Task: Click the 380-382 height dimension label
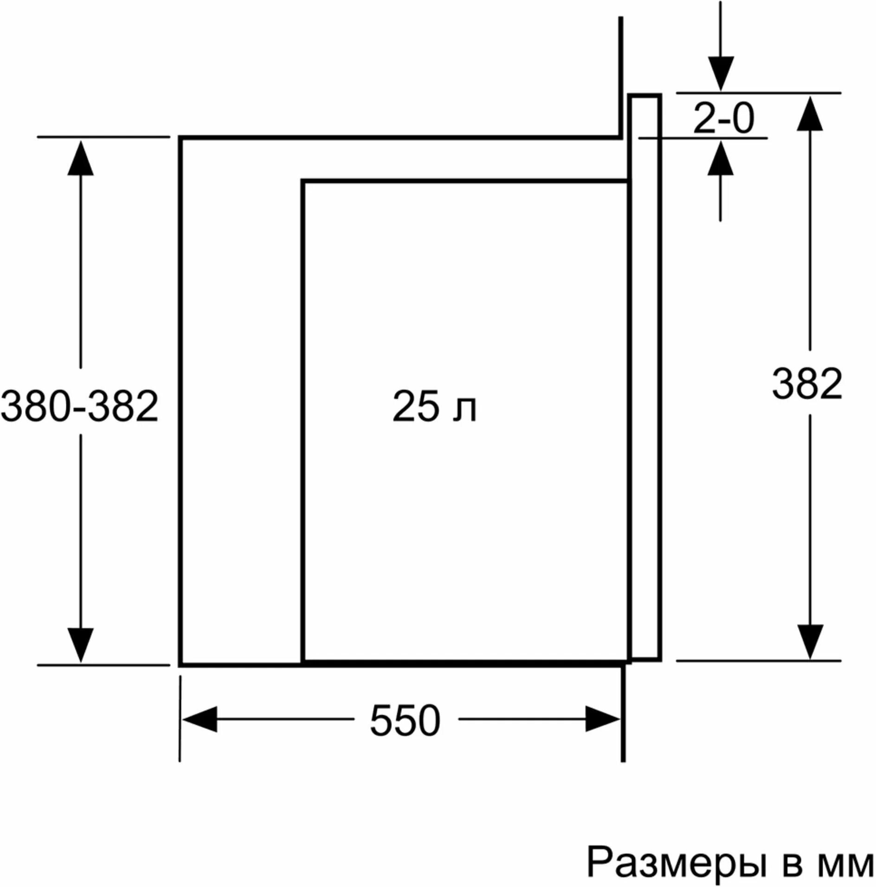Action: pyautogui.click(x=80, y=406)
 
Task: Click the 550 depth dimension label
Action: pyautogui.click(x=405, y=720)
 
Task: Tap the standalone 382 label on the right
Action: pyautogui.click(x=807, y=384)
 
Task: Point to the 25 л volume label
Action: pyautogui.click(x=434, y=406)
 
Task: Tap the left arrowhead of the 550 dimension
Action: pyautogui.click(x=200, y=720)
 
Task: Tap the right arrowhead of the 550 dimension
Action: pyautogui.click(x=602, y=720)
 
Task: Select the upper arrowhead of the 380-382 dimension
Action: pyautogui.click(x=80, y=158)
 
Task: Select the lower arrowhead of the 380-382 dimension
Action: pyautogui.click(x=80, y=645)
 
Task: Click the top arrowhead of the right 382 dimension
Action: pyautogui.click(x=810, y=113)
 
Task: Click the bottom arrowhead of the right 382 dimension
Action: pyautogui.click(x=810, y=642)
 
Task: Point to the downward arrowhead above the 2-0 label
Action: pyautogui.click(x=720, y=73)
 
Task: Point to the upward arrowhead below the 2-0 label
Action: pyautogui.click(x=720, y=158)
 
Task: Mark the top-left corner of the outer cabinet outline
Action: pyautogui.click(x=180, y=138)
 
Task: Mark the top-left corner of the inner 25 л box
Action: pyautogui.click(x=303, y=181)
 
